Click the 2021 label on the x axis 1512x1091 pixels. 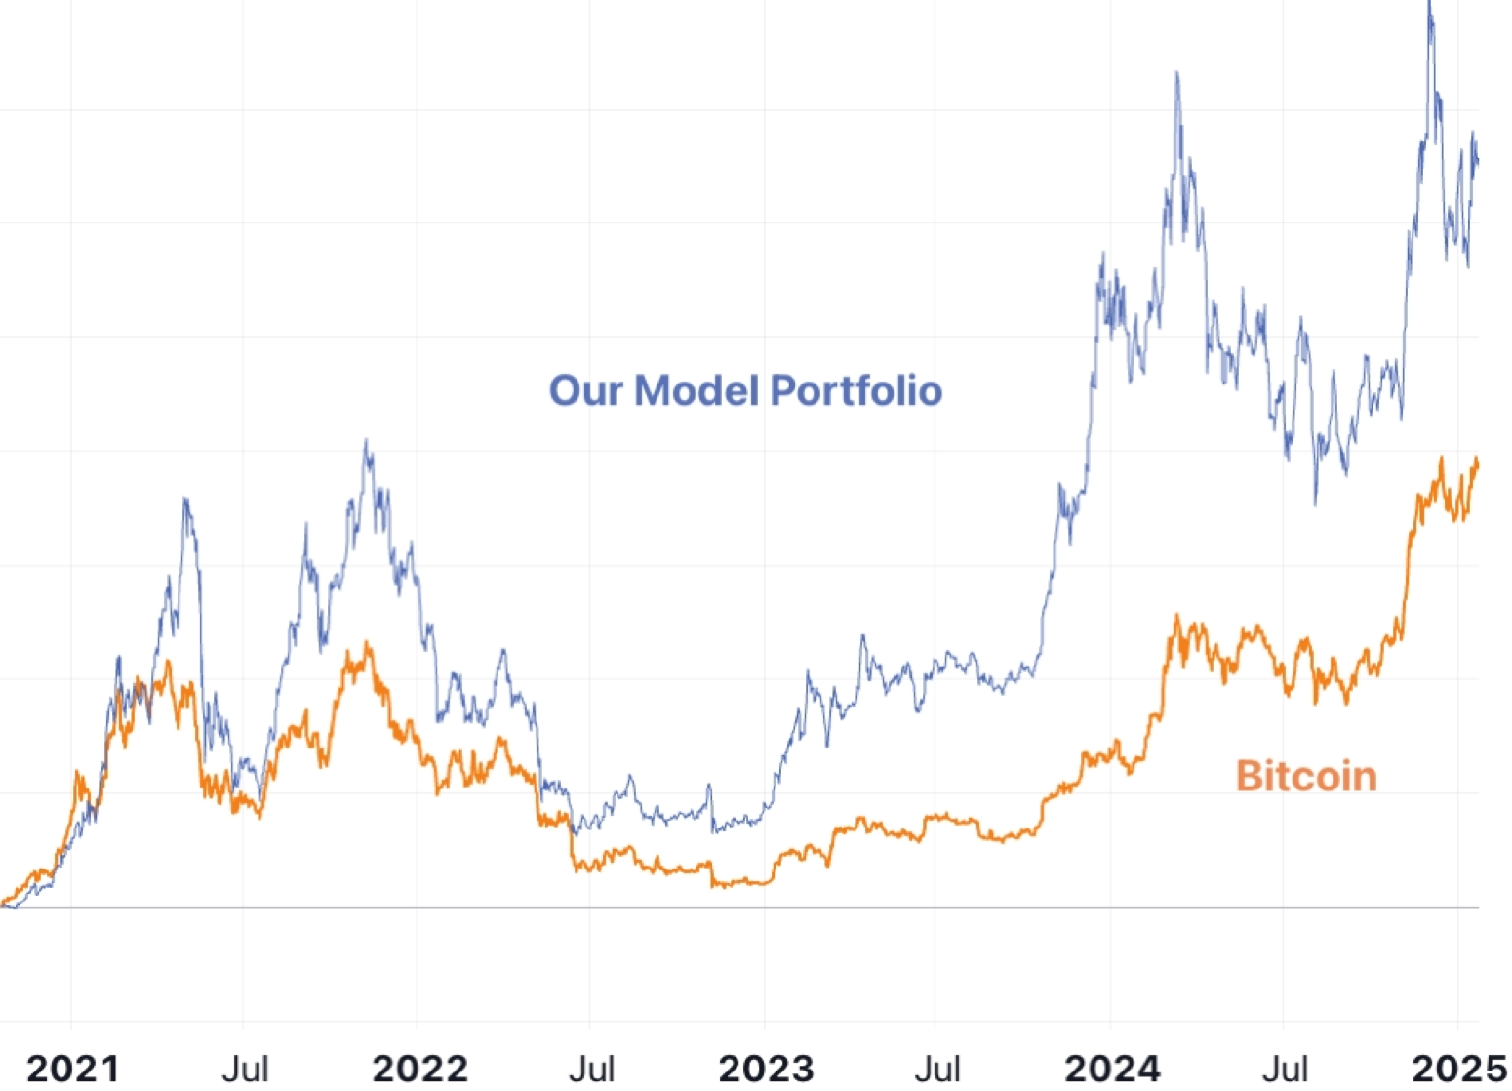73,1069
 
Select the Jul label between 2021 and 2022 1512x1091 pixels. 245,1069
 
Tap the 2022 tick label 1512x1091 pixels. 419,1069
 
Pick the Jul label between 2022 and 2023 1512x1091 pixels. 591,1069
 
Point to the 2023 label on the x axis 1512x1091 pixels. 766,1069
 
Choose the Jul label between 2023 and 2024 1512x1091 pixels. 937,1069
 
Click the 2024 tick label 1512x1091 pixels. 1112,1069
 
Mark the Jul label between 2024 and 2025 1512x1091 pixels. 1285,1069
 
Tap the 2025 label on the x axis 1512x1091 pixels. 1460,1069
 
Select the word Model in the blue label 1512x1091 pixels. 696,390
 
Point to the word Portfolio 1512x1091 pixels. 855,390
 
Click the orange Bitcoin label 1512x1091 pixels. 1306,777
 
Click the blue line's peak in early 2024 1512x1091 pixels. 1177,73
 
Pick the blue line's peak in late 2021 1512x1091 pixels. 367,441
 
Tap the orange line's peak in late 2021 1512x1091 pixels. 367,643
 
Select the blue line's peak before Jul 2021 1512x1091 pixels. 185,500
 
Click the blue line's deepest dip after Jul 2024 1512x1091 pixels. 1315,503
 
